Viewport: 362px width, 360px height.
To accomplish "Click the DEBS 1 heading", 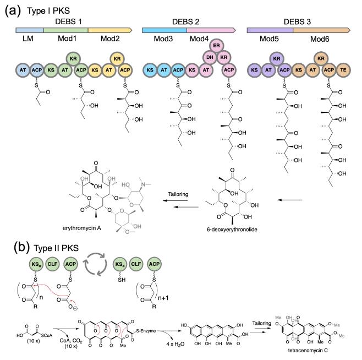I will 68,20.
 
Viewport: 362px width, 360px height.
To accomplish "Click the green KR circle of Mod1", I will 74,58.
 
